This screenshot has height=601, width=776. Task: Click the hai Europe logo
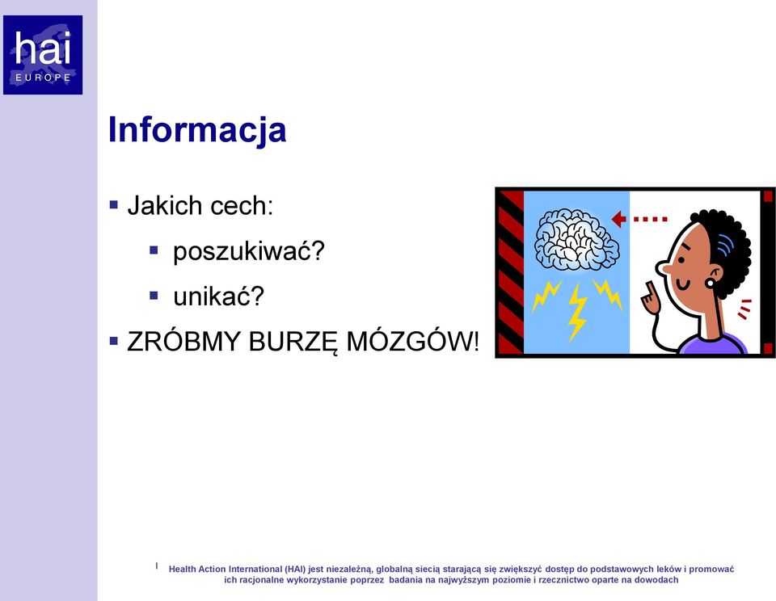(x=43, y=55)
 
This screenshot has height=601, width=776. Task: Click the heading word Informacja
(x=197, y=129)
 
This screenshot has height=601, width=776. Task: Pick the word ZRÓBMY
(x=184, y=341)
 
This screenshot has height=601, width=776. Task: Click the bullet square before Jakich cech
(x=114, y=204)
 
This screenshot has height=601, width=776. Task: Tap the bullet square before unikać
(x=154, y=296)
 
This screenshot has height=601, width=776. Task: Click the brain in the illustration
(x=576, y=239)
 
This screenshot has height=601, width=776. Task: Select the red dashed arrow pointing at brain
(x=639, y=219)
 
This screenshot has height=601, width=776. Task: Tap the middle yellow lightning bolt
(x=576, y=312)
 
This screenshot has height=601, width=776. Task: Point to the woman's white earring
(x=711, y=283)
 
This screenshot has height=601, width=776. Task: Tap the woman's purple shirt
(x=713, y=344)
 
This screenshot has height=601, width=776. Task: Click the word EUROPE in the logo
(x=43, y=78)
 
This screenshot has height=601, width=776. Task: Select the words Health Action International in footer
(x=226, y=569)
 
